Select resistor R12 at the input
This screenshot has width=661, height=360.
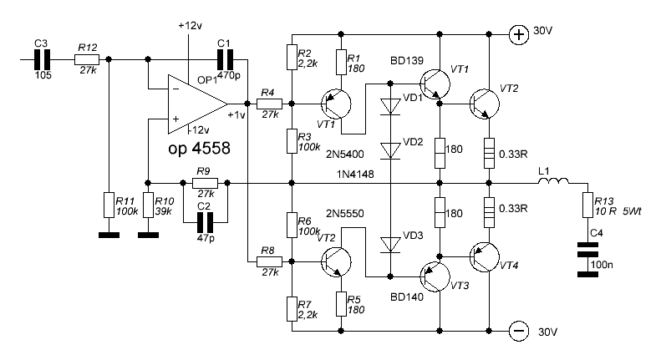87,59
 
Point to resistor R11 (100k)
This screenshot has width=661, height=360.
108,205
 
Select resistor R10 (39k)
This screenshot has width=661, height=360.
147,205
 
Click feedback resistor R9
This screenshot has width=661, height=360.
205,182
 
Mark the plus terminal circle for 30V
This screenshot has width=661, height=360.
519,34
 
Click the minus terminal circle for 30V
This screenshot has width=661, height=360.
519,331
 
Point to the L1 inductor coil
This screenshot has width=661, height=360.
554,182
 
